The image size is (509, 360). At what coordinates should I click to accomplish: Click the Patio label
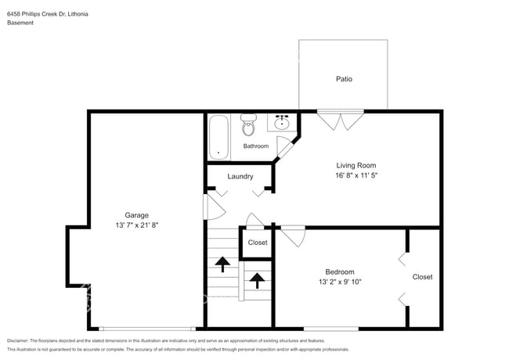[343, 79]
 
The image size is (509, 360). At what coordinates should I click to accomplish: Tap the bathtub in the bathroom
[219, 137]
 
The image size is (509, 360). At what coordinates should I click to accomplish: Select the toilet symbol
[248, 125]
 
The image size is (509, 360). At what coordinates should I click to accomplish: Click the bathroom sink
[282, 123]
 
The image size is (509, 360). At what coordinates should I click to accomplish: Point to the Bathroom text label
[255, 146]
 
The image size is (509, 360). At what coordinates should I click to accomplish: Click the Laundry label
[240, 176]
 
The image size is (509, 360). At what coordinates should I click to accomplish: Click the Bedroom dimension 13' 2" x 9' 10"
[340, 282]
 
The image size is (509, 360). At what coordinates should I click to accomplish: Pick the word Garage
[137, 214]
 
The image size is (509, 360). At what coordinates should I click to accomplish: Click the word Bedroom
[340, 272]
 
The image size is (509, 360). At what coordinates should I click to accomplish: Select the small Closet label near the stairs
[257, 243]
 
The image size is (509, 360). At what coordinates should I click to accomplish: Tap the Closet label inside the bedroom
[422, 276]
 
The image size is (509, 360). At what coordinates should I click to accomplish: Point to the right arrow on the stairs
[256, 278]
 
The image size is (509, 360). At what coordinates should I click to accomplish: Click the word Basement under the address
[20, 23]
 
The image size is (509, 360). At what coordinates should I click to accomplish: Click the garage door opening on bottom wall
[147, 326]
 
